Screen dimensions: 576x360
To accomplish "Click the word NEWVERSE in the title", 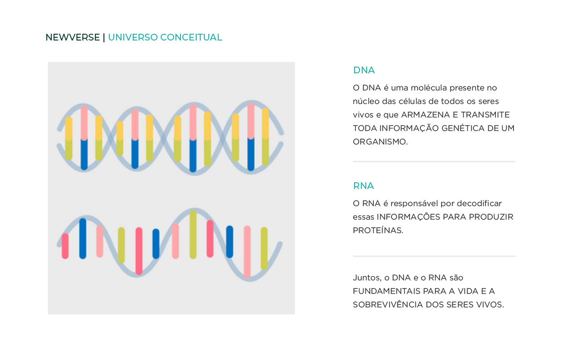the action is click(x=72, y=37).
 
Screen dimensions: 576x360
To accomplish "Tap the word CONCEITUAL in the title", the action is click(x=191, y=37).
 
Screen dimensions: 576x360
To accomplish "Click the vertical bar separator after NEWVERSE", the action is click(x=104, y=37).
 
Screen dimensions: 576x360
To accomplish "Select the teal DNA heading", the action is click(x=364, y=70).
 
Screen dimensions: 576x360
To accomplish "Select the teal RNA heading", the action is click(x=363, y=186).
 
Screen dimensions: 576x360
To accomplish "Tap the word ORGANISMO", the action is click(x=380, y=142).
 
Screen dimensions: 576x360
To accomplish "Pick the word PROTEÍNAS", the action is click(x=378, y=230).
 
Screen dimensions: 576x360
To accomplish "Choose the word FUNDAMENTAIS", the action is click(x=387, y=291).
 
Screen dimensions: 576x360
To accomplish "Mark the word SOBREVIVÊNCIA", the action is click(x=388, y=305).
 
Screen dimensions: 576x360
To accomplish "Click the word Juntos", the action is click(x=367, y=278).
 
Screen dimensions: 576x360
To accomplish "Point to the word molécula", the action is click(x=429, y=88).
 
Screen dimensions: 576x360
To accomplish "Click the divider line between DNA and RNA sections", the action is click(x=434, y=162).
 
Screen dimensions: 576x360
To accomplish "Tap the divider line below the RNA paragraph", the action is click(x=434, y=256).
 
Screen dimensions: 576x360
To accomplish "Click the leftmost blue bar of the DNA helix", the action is click(x=84, y=154).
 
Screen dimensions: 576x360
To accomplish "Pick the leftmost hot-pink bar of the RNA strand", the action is click(x=65, y=246).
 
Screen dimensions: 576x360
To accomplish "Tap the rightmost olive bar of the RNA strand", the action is click(x=264, y=249).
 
